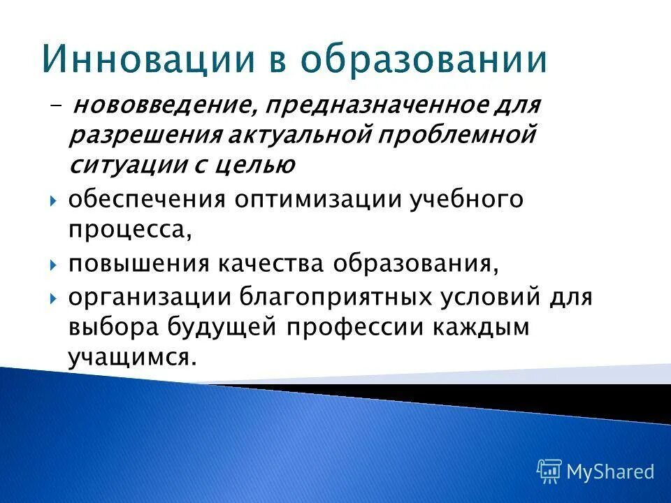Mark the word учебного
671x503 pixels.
point(461,200)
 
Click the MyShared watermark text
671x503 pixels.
point(609,472)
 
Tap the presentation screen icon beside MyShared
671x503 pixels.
point(549,472)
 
